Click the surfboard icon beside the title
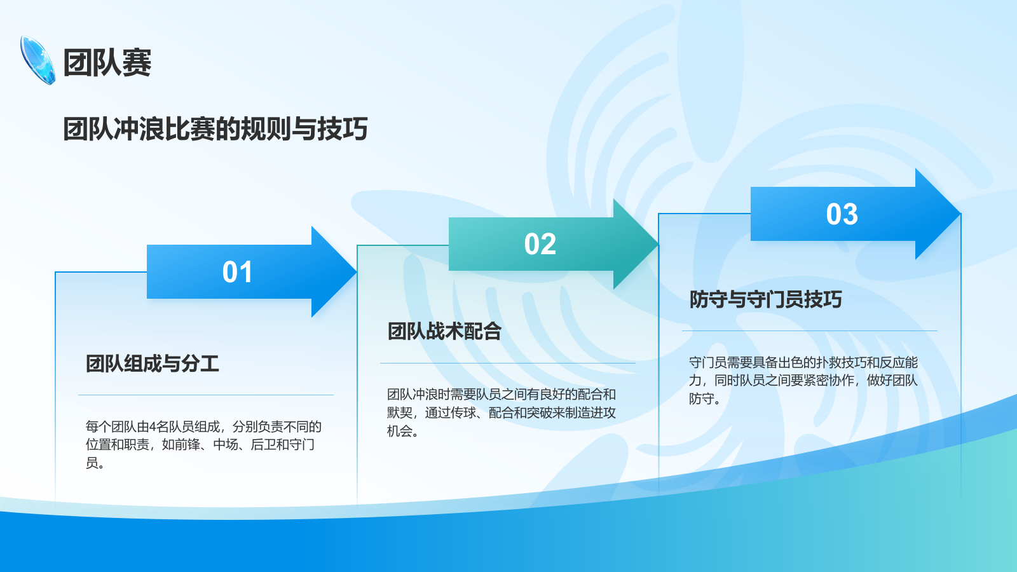38,60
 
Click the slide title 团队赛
107,62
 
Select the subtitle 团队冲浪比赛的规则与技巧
215,129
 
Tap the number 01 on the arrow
237,272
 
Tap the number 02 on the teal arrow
540,244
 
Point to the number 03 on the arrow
842,214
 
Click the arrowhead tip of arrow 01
357,272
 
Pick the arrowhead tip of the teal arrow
659,244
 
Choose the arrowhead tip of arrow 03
960,214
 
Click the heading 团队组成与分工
153,364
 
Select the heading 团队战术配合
444,331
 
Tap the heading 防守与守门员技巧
765,299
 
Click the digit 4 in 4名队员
153,426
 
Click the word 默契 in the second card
400,412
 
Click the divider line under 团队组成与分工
206,395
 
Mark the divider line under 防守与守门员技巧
810,331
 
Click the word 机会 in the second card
400,431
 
